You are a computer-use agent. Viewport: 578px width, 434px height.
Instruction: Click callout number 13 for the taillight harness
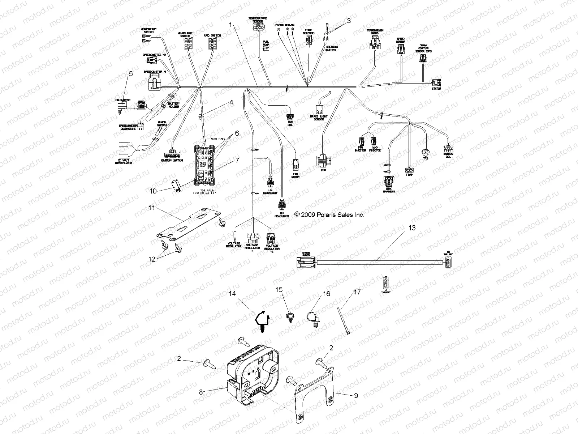412,228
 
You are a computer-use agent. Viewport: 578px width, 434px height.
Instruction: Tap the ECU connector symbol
323,159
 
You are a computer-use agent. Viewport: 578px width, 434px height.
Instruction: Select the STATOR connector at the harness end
436,82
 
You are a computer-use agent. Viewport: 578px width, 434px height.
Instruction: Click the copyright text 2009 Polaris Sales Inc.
329,214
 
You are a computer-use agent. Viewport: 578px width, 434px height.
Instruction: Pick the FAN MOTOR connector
296,165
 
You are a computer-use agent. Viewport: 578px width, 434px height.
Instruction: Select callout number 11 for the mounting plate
151,208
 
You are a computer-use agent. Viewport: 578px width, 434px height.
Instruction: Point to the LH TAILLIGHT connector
386,282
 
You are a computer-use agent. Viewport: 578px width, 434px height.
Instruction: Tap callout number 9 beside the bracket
356,396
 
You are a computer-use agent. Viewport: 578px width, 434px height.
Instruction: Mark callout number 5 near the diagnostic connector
130,74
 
